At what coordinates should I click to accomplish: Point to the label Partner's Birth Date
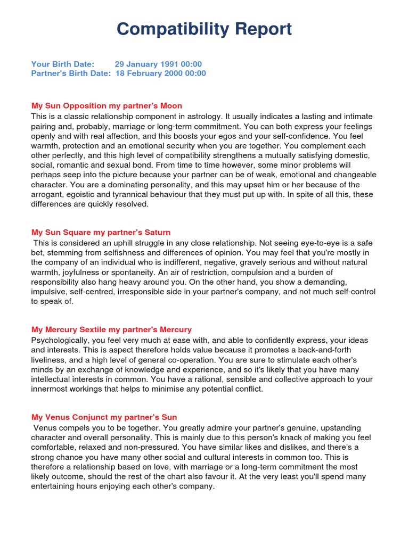pos(71,73)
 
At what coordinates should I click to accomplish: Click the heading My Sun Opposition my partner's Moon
pos(107,106)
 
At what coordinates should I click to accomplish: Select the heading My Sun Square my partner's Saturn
pos(101,233)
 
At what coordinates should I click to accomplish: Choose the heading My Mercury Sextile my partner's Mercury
pos(111,330)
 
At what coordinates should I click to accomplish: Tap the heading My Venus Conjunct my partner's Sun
pos(104,418)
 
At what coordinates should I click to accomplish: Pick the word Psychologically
pos(59,340)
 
